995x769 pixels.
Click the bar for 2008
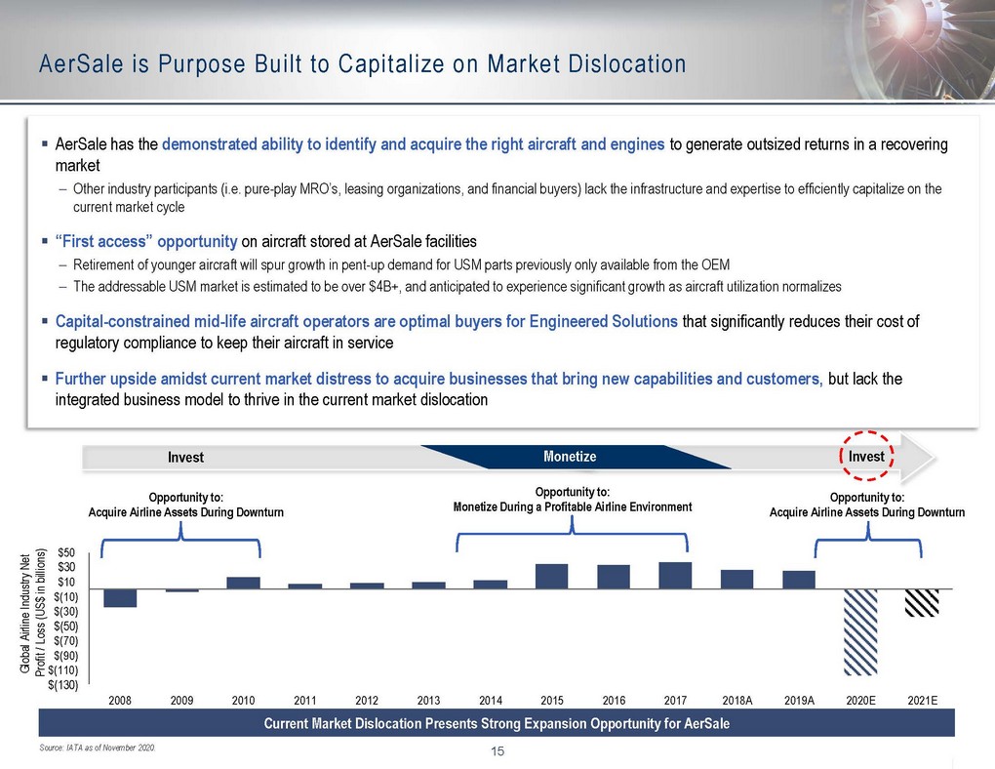(120, 598)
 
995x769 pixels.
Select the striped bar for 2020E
(860, 631)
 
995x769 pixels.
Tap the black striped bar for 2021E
(922, 603)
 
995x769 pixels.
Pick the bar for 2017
(675, 576)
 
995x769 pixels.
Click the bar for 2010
(243, 583)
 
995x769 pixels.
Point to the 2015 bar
(551, 577)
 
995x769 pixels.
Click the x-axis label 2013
(428, 701)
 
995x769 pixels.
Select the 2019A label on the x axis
(799, 701)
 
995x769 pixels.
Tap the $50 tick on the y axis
(66, 553)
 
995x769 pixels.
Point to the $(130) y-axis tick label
(62, 685)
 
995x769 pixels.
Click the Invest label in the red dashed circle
(866, 457)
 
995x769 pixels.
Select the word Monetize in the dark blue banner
(570, 457)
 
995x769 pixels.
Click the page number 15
(497, 751)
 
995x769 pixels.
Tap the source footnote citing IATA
(98, 749)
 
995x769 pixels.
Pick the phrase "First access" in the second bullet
(103, 241)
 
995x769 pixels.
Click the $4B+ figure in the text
(384, 286)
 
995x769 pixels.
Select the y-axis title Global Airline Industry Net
(25, 614)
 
